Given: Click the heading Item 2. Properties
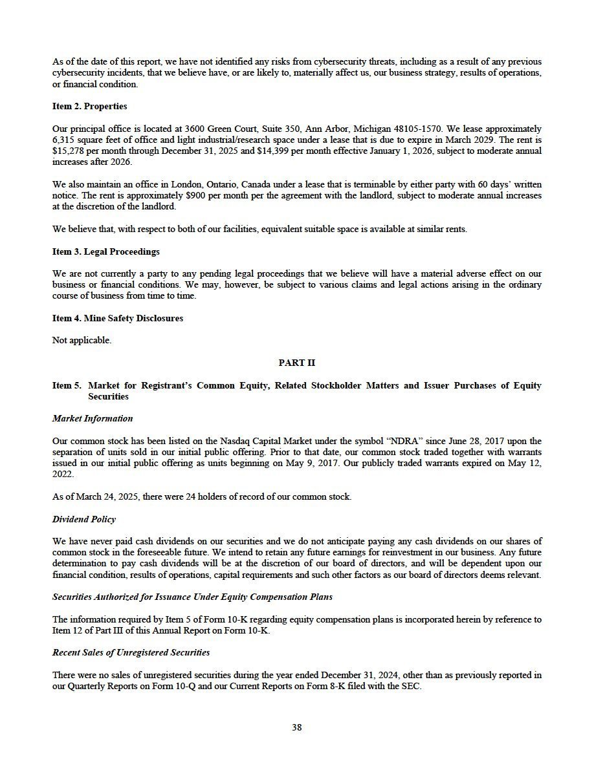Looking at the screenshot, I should [89, 106].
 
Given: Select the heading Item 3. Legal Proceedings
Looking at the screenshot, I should [105, 251].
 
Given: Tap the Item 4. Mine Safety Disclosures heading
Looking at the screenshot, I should [117, 318].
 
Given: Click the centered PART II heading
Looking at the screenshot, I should [296, 363].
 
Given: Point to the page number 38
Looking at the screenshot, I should [296, 727].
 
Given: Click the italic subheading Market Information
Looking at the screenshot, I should [93, 418].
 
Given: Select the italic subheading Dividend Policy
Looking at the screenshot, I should [83, 519].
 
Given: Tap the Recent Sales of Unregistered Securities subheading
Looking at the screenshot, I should [131, 652].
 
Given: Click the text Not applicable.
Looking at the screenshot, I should [82, 340].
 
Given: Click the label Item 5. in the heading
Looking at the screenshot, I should [67, 385].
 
